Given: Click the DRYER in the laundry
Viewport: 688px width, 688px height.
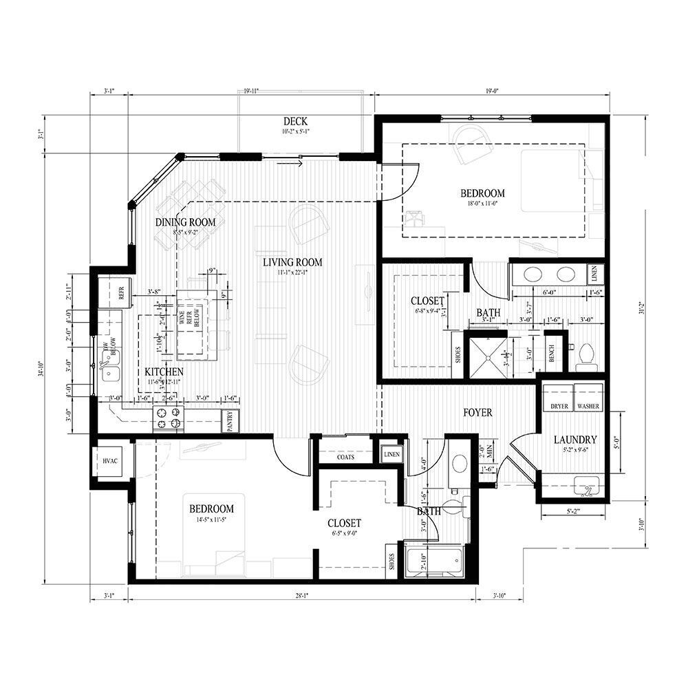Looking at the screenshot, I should pos(559,406).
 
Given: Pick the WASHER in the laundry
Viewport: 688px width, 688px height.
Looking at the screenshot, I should pos(588,406).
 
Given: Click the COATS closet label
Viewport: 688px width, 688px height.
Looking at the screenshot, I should pos(345,456).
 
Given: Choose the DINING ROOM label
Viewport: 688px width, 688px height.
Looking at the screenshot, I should pos(185,222).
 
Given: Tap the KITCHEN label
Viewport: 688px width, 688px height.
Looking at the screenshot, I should pos(164,372).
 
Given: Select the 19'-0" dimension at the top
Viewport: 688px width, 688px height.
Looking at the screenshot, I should pos(491,90).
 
